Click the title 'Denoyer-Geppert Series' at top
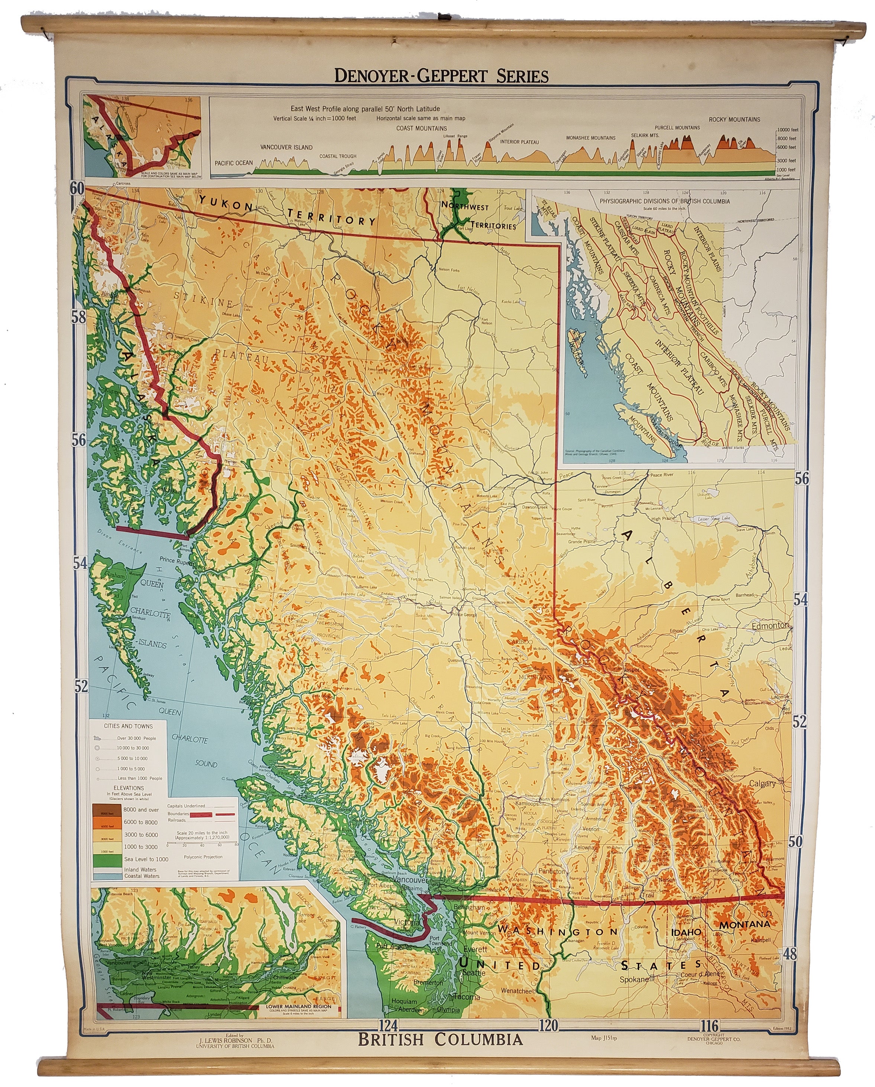click(441, 76)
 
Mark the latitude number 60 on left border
click(77, 188)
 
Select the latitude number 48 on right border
click(790, 953)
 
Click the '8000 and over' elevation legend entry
click(140, 810)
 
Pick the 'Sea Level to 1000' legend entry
click(146, 859)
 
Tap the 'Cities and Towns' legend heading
click(128, 726)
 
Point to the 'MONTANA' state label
click(745, 925)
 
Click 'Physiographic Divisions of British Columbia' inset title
click(664, 201)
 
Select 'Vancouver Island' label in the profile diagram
click(286, 147)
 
